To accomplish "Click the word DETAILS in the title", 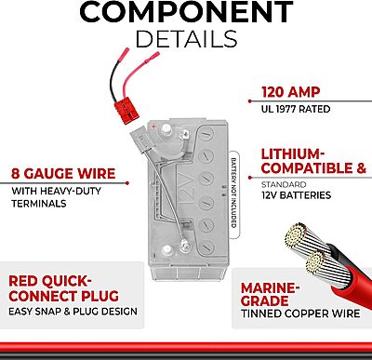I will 186,40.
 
